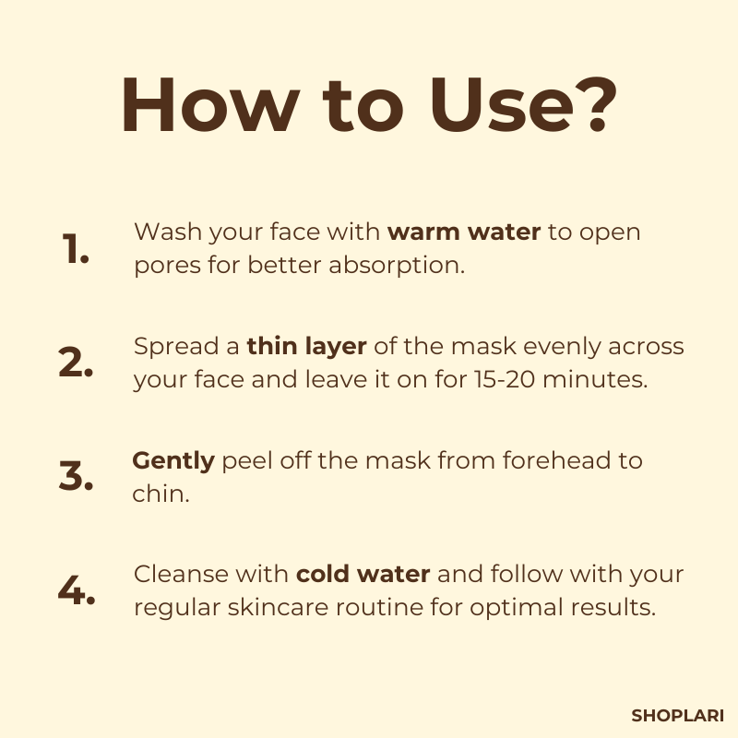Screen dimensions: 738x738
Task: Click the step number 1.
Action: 76,249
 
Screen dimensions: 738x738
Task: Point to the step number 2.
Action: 76,363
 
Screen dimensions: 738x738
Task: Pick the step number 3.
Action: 76,478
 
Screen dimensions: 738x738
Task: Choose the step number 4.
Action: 76,591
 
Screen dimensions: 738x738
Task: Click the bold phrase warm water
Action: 464,232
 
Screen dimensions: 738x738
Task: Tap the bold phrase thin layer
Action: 307,346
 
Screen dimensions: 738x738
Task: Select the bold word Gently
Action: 173,460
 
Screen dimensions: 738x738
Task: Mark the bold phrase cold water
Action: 363,574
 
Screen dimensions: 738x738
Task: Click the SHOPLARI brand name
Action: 677,715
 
